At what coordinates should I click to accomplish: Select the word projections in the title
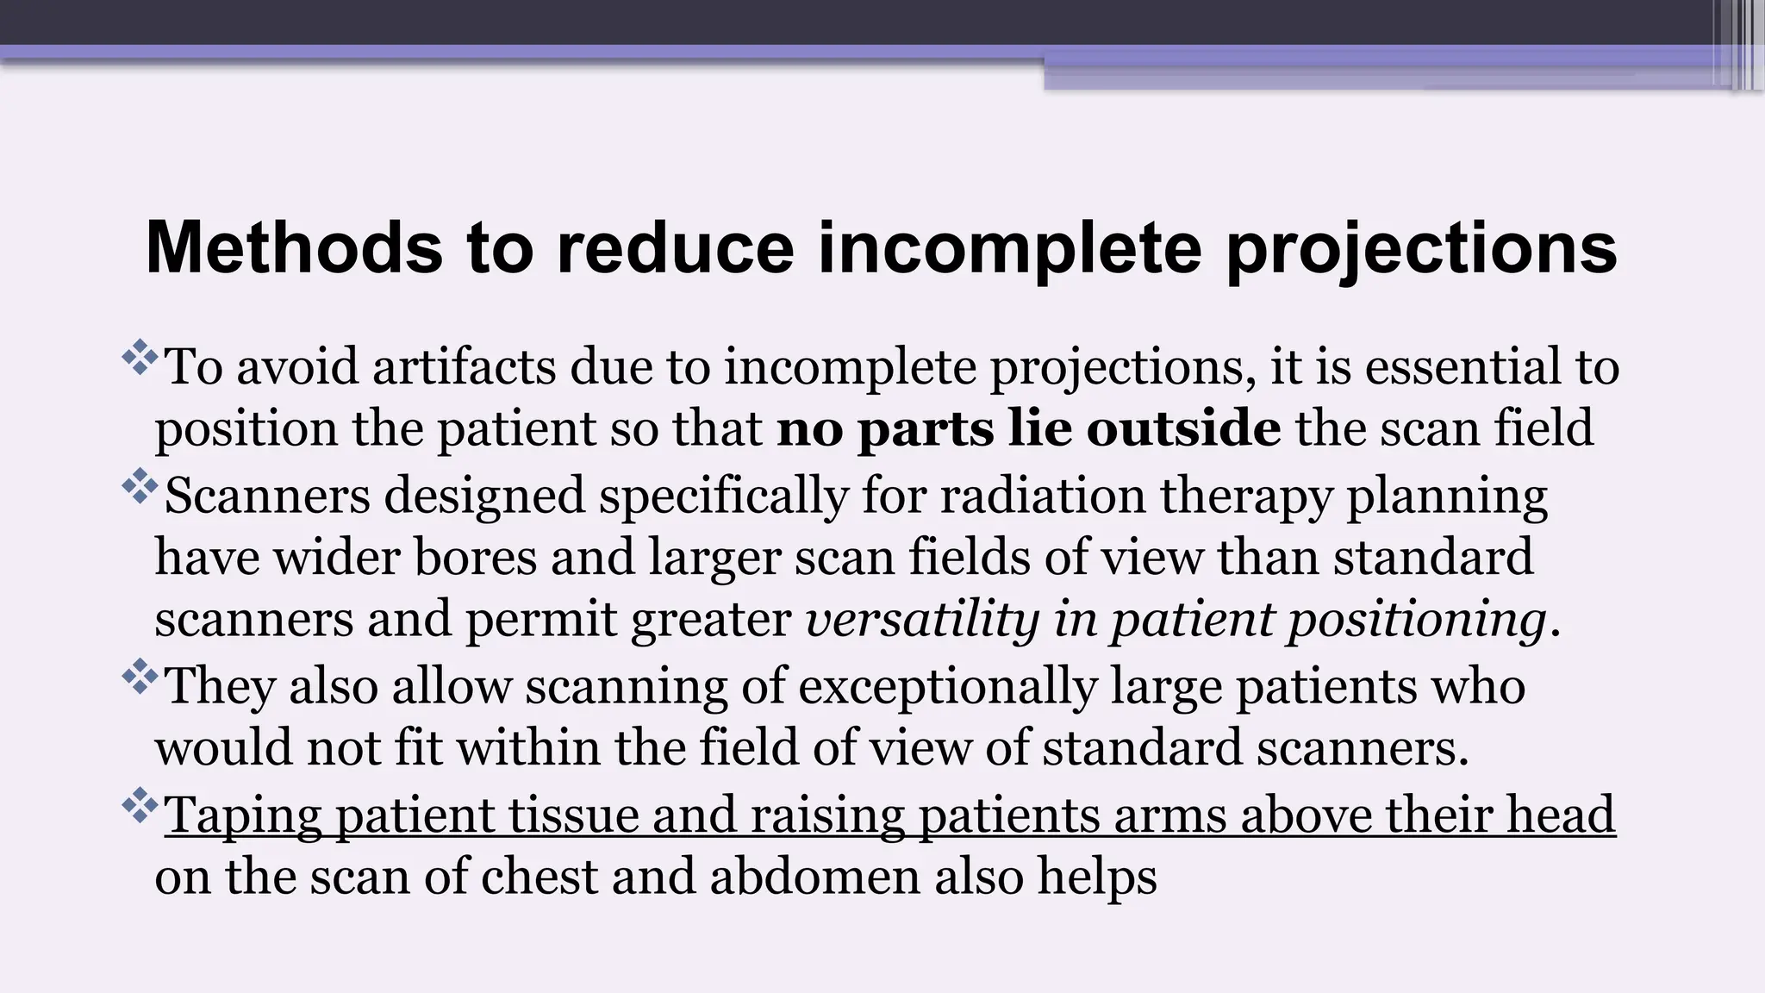[x=1421, y=248]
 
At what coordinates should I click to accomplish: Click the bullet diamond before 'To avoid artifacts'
[x=139, y=359]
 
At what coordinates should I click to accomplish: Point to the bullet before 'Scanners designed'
[x=139, y=488]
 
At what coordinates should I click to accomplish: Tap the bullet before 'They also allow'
[x=139, y=678]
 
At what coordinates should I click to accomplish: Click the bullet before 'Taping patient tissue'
[x=139, y=808]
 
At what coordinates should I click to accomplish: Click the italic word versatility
[x=921, y=619]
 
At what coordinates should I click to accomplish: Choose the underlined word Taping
[x=242, y=815]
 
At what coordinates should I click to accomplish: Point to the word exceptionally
[x=947, y=686]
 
